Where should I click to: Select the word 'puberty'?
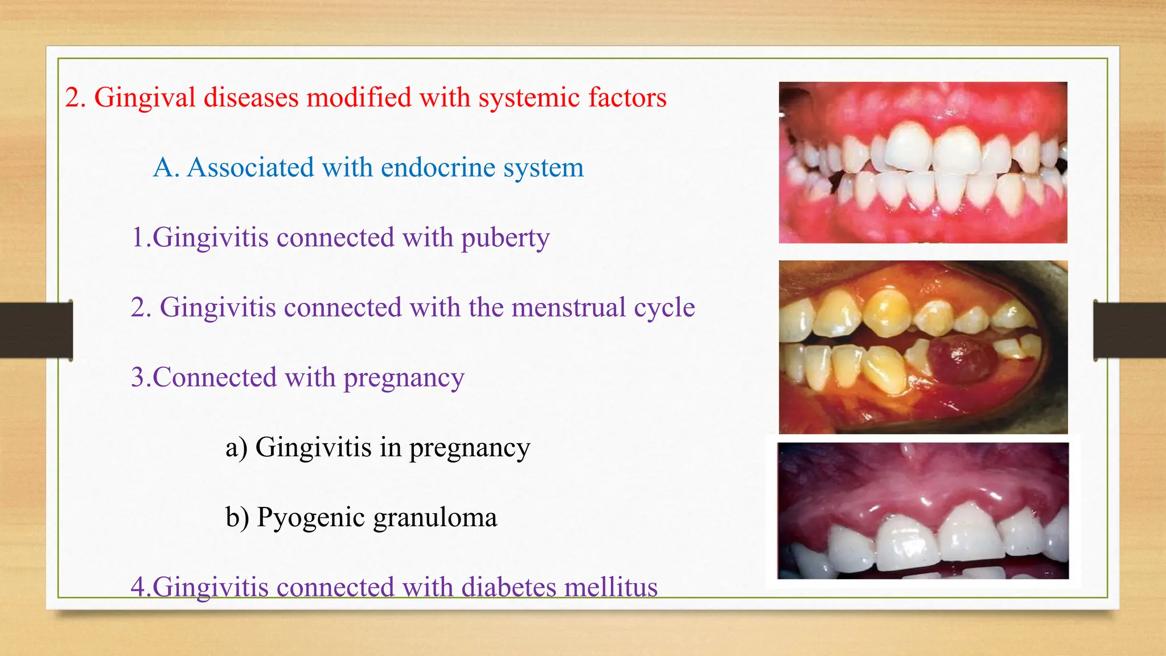[505, 238]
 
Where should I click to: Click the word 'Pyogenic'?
[311, 518]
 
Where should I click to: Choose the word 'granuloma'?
[435, 518]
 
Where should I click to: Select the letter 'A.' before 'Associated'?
[166, 167]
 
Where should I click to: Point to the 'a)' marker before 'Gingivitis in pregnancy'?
[236, 448]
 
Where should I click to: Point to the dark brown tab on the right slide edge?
[1130, 330]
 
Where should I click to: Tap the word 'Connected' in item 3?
[214, 378]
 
